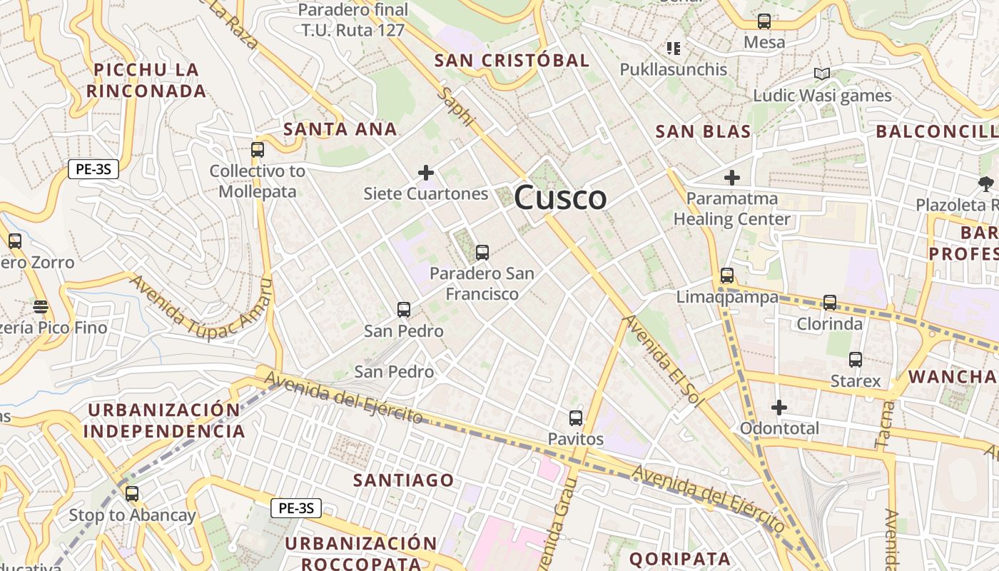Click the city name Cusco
point(560,198)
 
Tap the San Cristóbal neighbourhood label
point(512,61)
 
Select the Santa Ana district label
point(340,129)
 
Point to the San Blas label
point(703,131)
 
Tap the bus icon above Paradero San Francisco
point(482,252)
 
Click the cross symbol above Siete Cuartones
point(426,173)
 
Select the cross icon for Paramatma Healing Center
point(732,178)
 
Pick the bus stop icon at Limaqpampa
point(727,275)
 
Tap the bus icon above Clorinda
point(830,302)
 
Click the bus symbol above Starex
point(856,359)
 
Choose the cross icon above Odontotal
point(779,408)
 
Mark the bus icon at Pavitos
point(576,418)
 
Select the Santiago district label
point(403,480)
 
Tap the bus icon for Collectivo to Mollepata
point(258,150)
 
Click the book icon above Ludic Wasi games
point(822,74)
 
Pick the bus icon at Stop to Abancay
point(132,493)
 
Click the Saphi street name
point(457,108)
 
